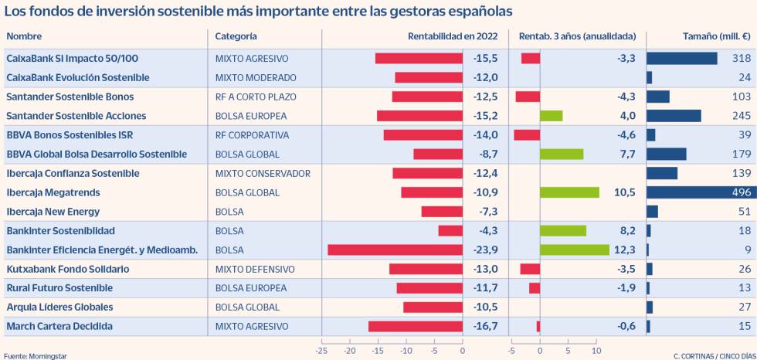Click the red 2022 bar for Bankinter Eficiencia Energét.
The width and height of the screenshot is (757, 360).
[395, 250]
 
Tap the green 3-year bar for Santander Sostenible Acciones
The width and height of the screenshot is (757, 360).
[551, 116]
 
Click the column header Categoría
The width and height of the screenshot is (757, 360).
[236, 36]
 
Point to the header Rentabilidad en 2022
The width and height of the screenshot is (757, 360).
[453, 36]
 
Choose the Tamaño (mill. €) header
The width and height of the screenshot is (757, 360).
[717, 36]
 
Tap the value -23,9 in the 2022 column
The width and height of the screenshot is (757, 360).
[484, 250]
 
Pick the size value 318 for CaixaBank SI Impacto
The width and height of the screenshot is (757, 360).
[741, 59]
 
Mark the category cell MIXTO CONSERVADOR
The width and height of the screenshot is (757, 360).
[263, 173]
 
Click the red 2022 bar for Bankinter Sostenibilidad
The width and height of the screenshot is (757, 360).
[450, 231]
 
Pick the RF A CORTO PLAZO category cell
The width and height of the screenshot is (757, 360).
[255, 97]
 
